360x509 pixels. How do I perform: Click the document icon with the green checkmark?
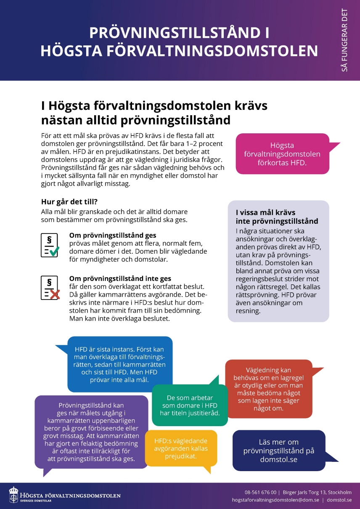point(50,245)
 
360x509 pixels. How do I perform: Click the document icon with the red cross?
point(50,288)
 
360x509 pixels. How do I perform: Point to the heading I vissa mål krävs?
point(265,212)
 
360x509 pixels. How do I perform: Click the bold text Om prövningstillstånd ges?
point(112,236)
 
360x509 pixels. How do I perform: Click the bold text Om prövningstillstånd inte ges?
point(120,278)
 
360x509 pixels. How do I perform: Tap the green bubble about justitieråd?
point(190,405)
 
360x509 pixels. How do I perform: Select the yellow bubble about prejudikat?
point(181,448)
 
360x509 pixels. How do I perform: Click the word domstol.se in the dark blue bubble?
point(279,459)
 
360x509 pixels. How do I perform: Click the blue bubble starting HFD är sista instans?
point(120,364)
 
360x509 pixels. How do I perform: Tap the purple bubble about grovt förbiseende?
point(91,432)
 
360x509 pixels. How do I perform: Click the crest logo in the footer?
point(14,495)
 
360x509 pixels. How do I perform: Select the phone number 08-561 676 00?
point(260,492)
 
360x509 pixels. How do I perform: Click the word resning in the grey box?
point(248,311)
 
